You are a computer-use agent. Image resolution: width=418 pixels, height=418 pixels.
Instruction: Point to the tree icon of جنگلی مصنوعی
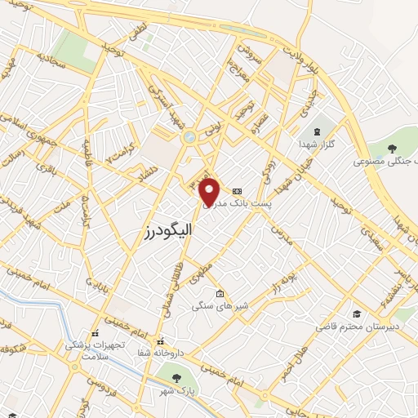(393, 149)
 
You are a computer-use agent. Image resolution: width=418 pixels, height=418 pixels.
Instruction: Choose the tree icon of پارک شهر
(176, 377)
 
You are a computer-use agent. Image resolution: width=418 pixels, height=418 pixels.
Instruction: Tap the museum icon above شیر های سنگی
(219, 294)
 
